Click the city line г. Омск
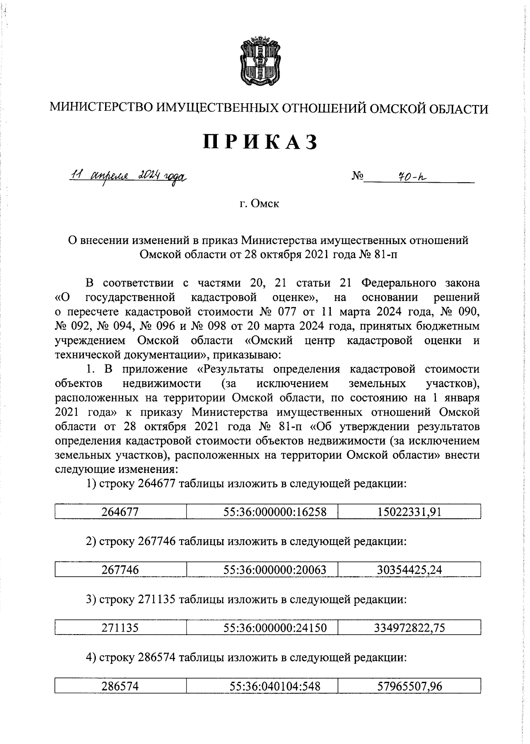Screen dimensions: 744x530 point(259,204)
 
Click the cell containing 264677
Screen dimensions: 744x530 point(120,512)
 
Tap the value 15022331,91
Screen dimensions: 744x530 point(409,512)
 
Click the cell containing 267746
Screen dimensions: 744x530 point(120,570)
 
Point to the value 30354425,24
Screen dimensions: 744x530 point(409,570)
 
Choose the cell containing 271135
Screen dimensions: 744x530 point(120,628)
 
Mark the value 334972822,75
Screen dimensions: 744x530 point(409,628)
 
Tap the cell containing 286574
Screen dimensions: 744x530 point(120,686)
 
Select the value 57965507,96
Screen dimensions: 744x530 point(409,686)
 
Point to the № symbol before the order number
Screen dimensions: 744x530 point(357,177)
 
